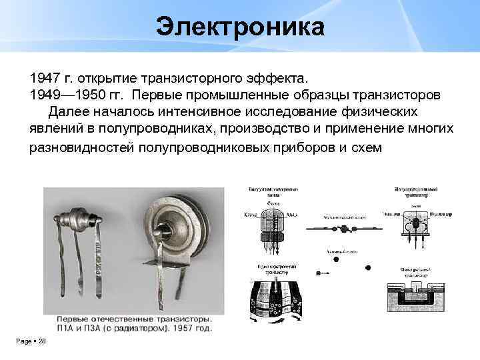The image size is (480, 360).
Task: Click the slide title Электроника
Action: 240,28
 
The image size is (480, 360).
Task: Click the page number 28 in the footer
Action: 41,341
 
